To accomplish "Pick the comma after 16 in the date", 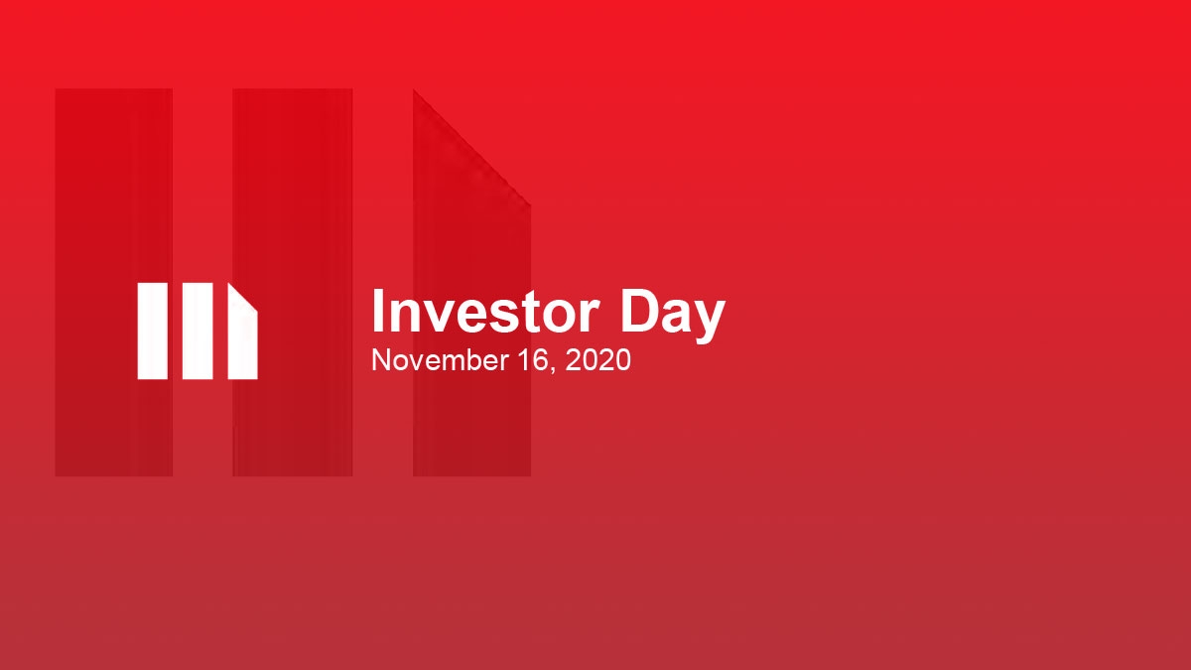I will point(549,368).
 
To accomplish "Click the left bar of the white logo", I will point(152,331).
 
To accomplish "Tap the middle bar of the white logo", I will point(198,331).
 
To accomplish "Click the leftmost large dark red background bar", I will point(113,282).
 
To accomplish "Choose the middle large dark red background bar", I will point(292,282).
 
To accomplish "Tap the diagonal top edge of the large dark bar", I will point(471,148).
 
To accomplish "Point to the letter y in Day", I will point(710,320).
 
